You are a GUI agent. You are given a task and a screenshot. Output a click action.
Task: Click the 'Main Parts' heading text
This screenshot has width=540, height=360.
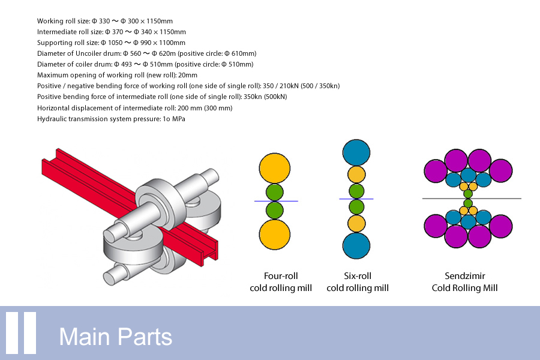[x=115, y=337]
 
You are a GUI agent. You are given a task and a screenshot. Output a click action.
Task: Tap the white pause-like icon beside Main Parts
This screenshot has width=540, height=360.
[x=22, y=333]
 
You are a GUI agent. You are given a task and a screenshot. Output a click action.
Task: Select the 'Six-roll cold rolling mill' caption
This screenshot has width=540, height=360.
[x=357, y=282]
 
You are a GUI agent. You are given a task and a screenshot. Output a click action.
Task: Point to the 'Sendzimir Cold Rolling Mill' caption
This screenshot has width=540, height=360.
[x=464, y=282]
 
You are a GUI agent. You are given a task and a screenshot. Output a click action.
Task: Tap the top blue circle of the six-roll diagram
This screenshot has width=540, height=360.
[x=357, y=152]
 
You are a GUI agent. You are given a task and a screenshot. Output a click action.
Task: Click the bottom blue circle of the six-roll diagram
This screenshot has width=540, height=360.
[x=357, y=245]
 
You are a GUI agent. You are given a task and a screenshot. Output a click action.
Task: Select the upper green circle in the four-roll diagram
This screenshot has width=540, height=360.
[x=274, y=193]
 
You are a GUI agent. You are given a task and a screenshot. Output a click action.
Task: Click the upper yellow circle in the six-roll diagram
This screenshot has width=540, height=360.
[x=357, y=175]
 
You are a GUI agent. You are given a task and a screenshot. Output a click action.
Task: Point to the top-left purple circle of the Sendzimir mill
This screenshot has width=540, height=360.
[x=436, y=170]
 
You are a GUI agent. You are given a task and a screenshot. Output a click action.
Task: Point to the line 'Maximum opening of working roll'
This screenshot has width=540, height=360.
[x=117, y=75]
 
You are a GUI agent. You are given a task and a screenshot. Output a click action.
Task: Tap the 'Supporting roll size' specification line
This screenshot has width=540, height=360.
[x=111, y=43]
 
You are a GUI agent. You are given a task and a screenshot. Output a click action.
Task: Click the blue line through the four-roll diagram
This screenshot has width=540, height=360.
[x=258, y=201]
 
